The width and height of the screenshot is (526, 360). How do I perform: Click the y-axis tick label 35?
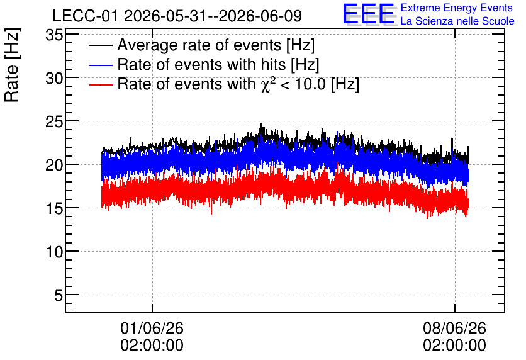click(54, 35)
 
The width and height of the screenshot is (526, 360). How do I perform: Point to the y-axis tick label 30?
click(54, 79)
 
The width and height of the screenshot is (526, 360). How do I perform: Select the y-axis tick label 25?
click(54, 122)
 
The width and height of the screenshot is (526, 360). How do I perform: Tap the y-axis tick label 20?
click(54, 166)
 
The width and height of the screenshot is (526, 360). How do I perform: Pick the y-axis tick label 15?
click(54, 209)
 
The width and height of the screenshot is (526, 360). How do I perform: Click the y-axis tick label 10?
click(54, 252)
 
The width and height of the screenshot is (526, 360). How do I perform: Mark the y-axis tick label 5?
click(59, 296)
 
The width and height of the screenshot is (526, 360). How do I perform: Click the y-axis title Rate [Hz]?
click(13, 65)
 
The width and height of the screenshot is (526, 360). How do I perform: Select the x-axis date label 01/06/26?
click(152, 328)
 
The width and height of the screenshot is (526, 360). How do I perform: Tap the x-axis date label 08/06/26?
click(454, 328)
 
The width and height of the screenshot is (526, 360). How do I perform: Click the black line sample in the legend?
click(100, 45)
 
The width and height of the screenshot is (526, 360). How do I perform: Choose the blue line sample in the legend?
click(100, 65)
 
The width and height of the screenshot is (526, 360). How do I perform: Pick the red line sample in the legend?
click(100, 84)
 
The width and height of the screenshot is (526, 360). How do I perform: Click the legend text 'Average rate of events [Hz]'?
click(216, 45)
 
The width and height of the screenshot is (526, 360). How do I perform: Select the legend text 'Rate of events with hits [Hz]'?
click(218, 65)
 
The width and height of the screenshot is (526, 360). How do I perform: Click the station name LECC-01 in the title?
click(86, 16)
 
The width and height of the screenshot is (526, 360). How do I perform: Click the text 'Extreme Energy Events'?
click(457, 8)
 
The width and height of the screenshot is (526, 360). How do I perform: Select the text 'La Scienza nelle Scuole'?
click(457, 21)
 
